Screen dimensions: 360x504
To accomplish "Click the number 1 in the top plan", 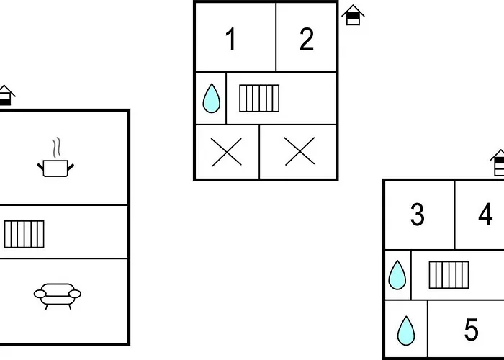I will pyautogui.click(x=230, y=40).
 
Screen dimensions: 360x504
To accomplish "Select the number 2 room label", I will pyautogui.click(x=307, y=40).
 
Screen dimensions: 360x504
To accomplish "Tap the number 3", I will pyautogui.click(x=418, y=215).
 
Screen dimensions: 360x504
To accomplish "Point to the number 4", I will pyautogui.click(x=485, y=215).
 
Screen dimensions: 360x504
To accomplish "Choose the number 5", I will pyautogui.click(x=471, y=330).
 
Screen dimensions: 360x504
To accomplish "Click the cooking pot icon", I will pyautogui.click(x=55, y=168).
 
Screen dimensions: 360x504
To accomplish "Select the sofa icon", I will pyautogui.click(x=57, y=294).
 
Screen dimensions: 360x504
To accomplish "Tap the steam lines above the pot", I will pyautogui.click(x=55, y=147).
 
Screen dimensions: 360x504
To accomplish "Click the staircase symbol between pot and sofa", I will pyautogui.click(x=24, y=233).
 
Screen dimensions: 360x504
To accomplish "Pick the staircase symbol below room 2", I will pyautogui.click(x=258, y=98).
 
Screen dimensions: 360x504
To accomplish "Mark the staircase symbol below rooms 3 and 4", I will pyautogui.click(x=449, y=274).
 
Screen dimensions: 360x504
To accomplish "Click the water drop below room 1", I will pyautogui.click(x=211, y=98).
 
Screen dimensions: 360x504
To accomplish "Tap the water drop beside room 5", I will pyautogui.click(x=406, y=330).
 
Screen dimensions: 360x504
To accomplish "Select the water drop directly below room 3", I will pyautogui.click(x=397, y=274).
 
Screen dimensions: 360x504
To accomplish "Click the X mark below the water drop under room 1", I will pyautogui.click(x=227, y=152).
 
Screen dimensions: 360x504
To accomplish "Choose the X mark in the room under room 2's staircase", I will pyautogui.click(x=299, y=152).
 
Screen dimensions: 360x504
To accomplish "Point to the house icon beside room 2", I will pyautogui.click(x=352, y=15).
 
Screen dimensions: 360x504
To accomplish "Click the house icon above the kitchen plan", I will pyautogui.click(x=6, y=95).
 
